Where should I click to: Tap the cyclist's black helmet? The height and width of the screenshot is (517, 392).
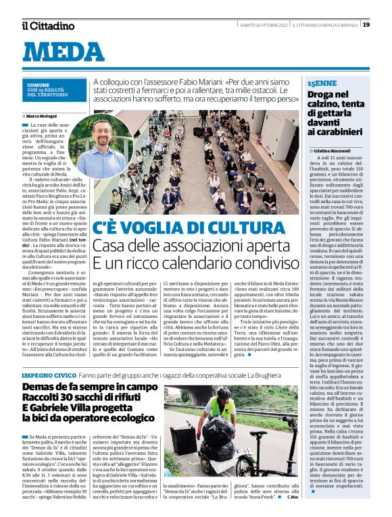[x=224, y=392]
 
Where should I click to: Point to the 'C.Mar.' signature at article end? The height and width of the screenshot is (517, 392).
[x=292, y=497]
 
